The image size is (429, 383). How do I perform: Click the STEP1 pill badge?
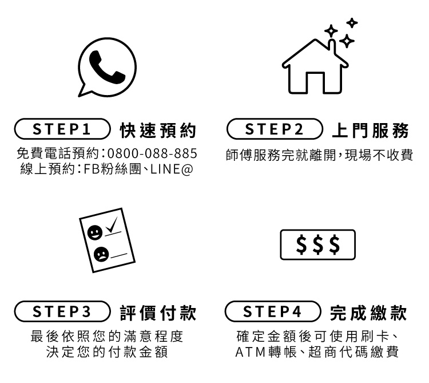pyautogui.click(x=62, y=129)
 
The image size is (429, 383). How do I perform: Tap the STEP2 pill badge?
pyautogui.click(x=275, y=129)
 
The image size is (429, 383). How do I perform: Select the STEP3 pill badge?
pyautogui.click(x=62, y=311)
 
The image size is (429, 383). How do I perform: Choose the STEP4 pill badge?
pyautogui.click(x=273, y=311)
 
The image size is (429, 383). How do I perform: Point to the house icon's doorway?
pyautogui.click(x=315, y=82)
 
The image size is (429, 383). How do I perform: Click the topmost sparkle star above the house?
pyautogui.click(x=352, y=23)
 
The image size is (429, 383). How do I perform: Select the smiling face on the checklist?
pyautogui.click(x=95, y=233)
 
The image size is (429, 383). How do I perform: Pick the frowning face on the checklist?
pyautogui.click(x=101, y=254)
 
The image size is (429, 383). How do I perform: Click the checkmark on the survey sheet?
pyautogui.click(x=112, y=225)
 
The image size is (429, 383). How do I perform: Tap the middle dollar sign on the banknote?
pyautogui.click(x=318, y=244)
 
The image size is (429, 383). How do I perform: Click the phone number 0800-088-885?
pyautogui.click(x=152, y=153)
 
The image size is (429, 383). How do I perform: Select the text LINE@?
pyautogui.click(x=172, y=169)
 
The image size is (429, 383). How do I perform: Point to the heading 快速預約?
pyautogui.click(x=158, y=131)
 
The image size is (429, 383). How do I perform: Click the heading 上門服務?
pyautogui.click(x=370, y=131)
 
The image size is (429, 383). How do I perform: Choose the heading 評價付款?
pyautogui.click(x=158, y=313)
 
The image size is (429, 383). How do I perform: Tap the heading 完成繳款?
pyautogui.click(x=368, y=313)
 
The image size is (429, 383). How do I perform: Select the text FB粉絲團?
pyautogui.click(x=112, y=169)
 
